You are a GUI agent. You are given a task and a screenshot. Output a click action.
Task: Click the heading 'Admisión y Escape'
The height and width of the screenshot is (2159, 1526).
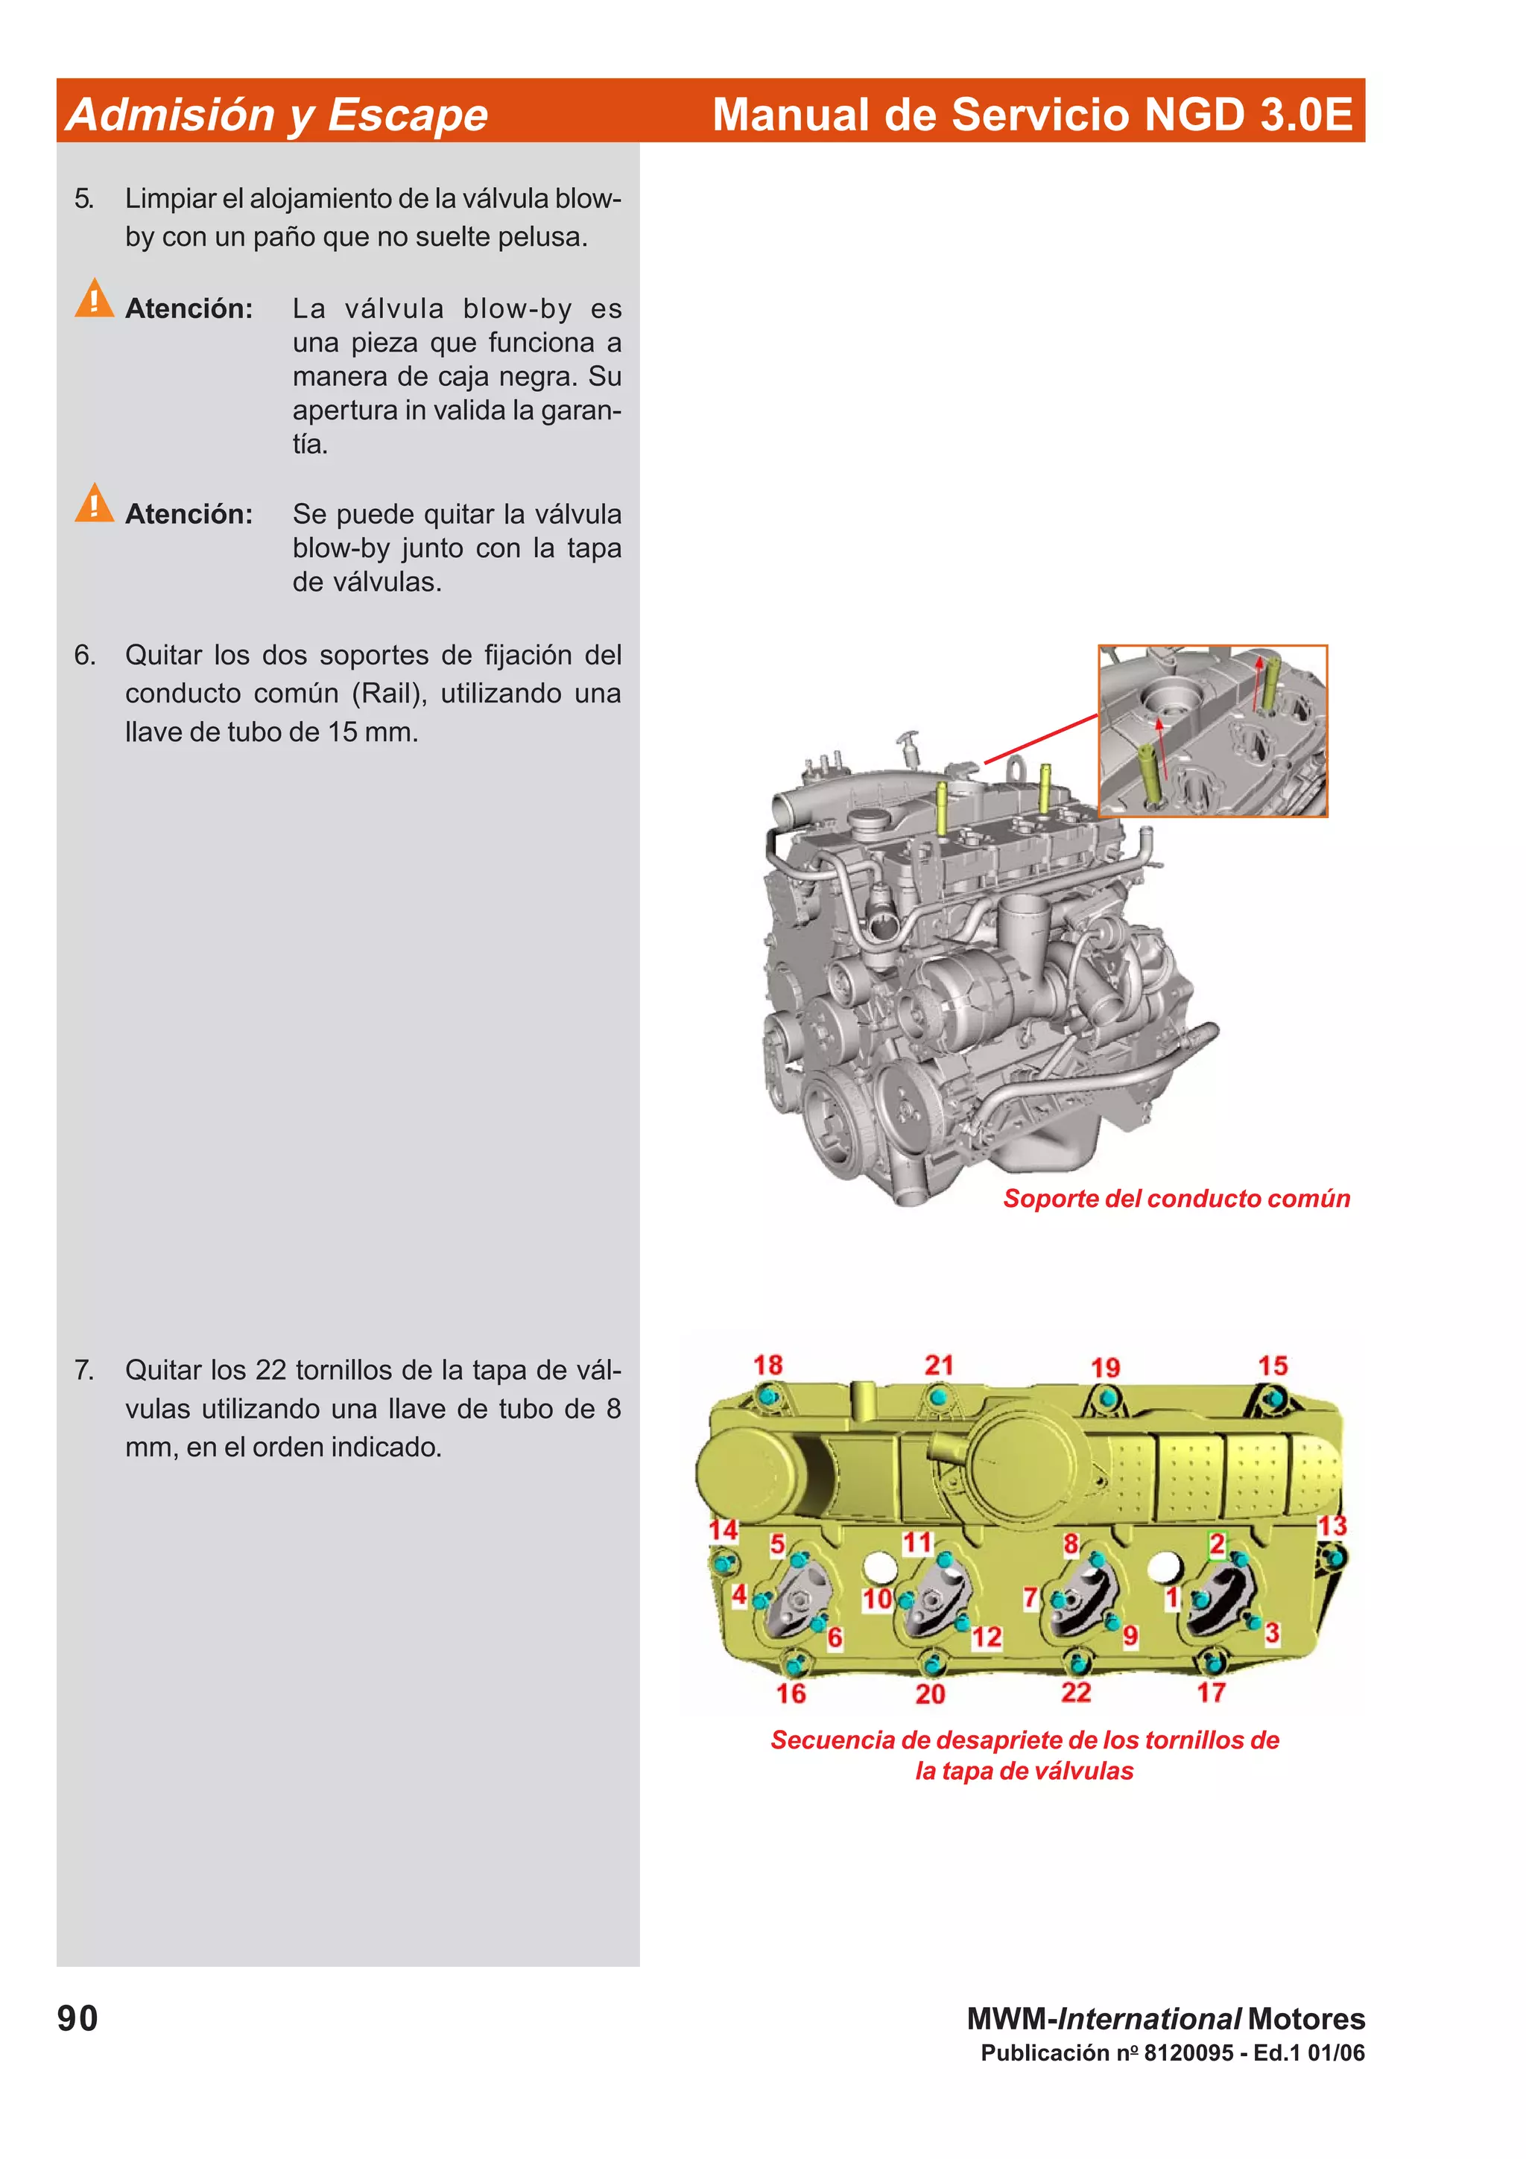pos(277,115)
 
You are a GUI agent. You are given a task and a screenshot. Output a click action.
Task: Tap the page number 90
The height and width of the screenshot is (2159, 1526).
pos(77,2018)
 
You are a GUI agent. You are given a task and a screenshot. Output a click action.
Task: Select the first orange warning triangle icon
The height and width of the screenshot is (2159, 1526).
pos(94,299)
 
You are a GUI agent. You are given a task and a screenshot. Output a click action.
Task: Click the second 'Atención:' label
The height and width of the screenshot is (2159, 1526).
pos(189,514)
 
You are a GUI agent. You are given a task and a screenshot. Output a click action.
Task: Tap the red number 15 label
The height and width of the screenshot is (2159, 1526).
pos(1272,1366)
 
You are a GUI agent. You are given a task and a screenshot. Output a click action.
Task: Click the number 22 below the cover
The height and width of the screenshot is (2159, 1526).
pos(1076,1693)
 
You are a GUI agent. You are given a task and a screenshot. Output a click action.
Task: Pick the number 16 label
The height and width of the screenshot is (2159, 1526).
pos(791,1693)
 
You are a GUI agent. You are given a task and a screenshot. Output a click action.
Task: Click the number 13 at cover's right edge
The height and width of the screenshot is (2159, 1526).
pos(1332,1525)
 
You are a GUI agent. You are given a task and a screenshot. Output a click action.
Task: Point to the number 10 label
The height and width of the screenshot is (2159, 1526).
pos(876,1599)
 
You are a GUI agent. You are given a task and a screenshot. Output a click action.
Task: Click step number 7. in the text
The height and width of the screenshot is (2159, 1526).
pos(85,1370)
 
